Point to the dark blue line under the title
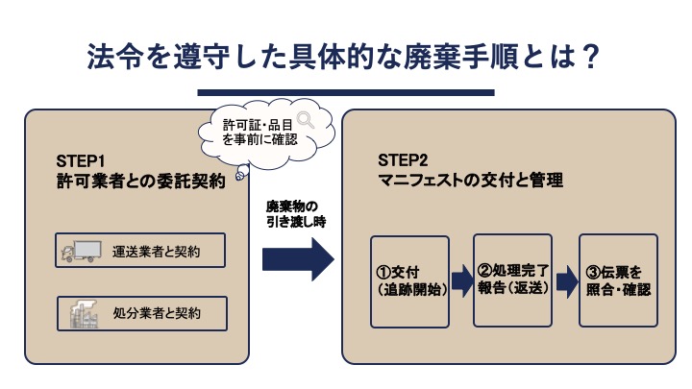[345, 93]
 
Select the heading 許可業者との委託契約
[140, 180]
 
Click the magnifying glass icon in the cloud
[307, 121]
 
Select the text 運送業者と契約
[156, 252]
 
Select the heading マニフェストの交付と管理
[469, 180]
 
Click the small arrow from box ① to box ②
[462, 280]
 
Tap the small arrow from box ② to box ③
[566, 280]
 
